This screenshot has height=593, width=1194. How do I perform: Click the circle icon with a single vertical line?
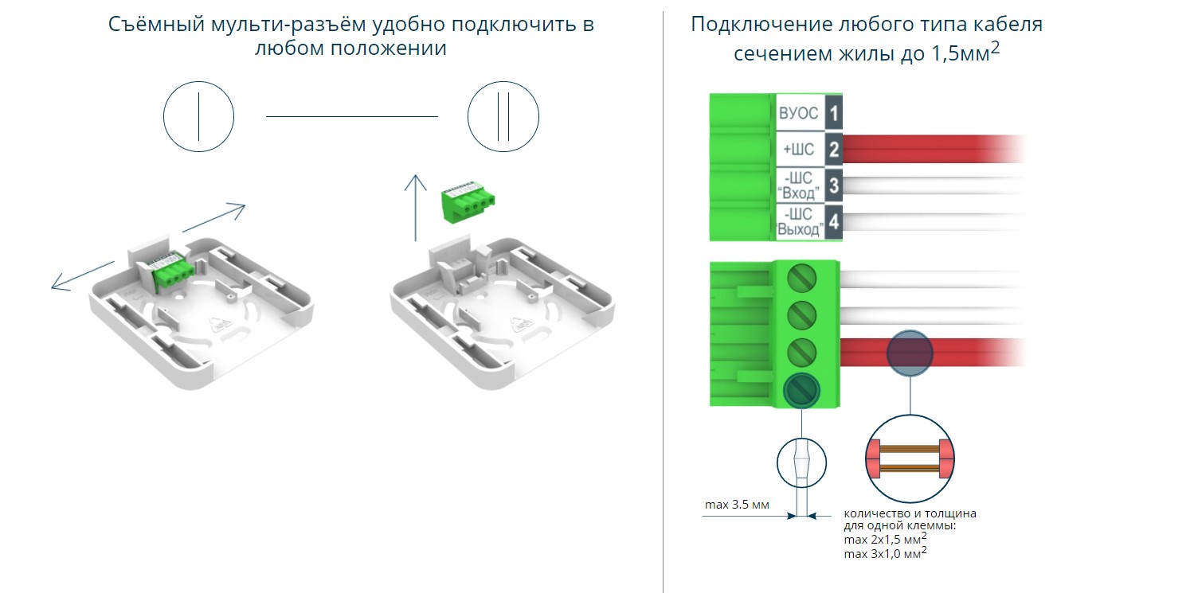pyautogui.click(x=198, y=117)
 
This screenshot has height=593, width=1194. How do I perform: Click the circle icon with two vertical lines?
pyautogui.click(x=503, y=117)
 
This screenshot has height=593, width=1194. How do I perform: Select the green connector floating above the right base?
pyautogui.click(x=461, y=204)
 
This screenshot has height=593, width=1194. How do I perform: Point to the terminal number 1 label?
pyautogui.click(x=833, y=113)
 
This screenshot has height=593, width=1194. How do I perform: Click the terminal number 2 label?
pyautogui.click(x=833, y=149)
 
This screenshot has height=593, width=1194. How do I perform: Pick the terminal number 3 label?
pyautogui.click(x=833, y=185)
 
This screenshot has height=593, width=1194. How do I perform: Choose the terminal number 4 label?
pyautogui.click(x=833, y=222)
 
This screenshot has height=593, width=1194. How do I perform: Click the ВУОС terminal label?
pyautogui.click(x=798, y=113)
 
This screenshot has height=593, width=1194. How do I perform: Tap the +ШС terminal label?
pyautogui.click(x=798, y=149)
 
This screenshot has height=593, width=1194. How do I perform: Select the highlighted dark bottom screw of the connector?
pyautogui.click(x=801, y=389)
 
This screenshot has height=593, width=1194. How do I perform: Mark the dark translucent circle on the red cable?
pyautogui.click(x=910, y=352)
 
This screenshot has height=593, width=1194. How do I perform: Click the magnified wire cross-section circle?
pyautogui.click(x=909, y=458)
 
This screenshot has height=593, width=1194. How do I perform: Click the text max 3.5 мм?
pyautogui.click(x=737, y=505)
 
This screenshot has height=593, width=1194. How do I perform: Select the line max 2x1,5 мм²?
pyautogui.click(x=885, y=540)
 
